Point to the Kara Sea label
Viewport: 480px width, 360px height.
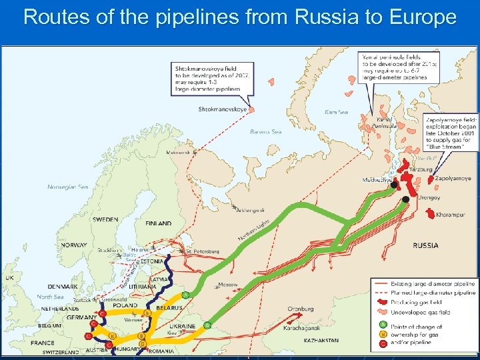pos(336,112)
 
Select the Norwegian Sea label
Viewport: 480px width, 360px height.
pos(67,187)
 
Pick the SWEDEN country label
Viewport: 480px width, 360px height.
pos(105,219)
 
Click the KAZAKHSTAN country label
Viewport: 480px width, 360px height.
pos(321,341)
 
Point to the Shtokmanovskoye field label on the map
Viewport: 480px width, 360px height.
pos(223,109)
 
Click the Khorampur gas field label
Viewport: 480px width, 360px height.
pos(453,215)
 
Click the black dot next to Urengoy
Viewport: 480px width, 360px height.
pos(405,199)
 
